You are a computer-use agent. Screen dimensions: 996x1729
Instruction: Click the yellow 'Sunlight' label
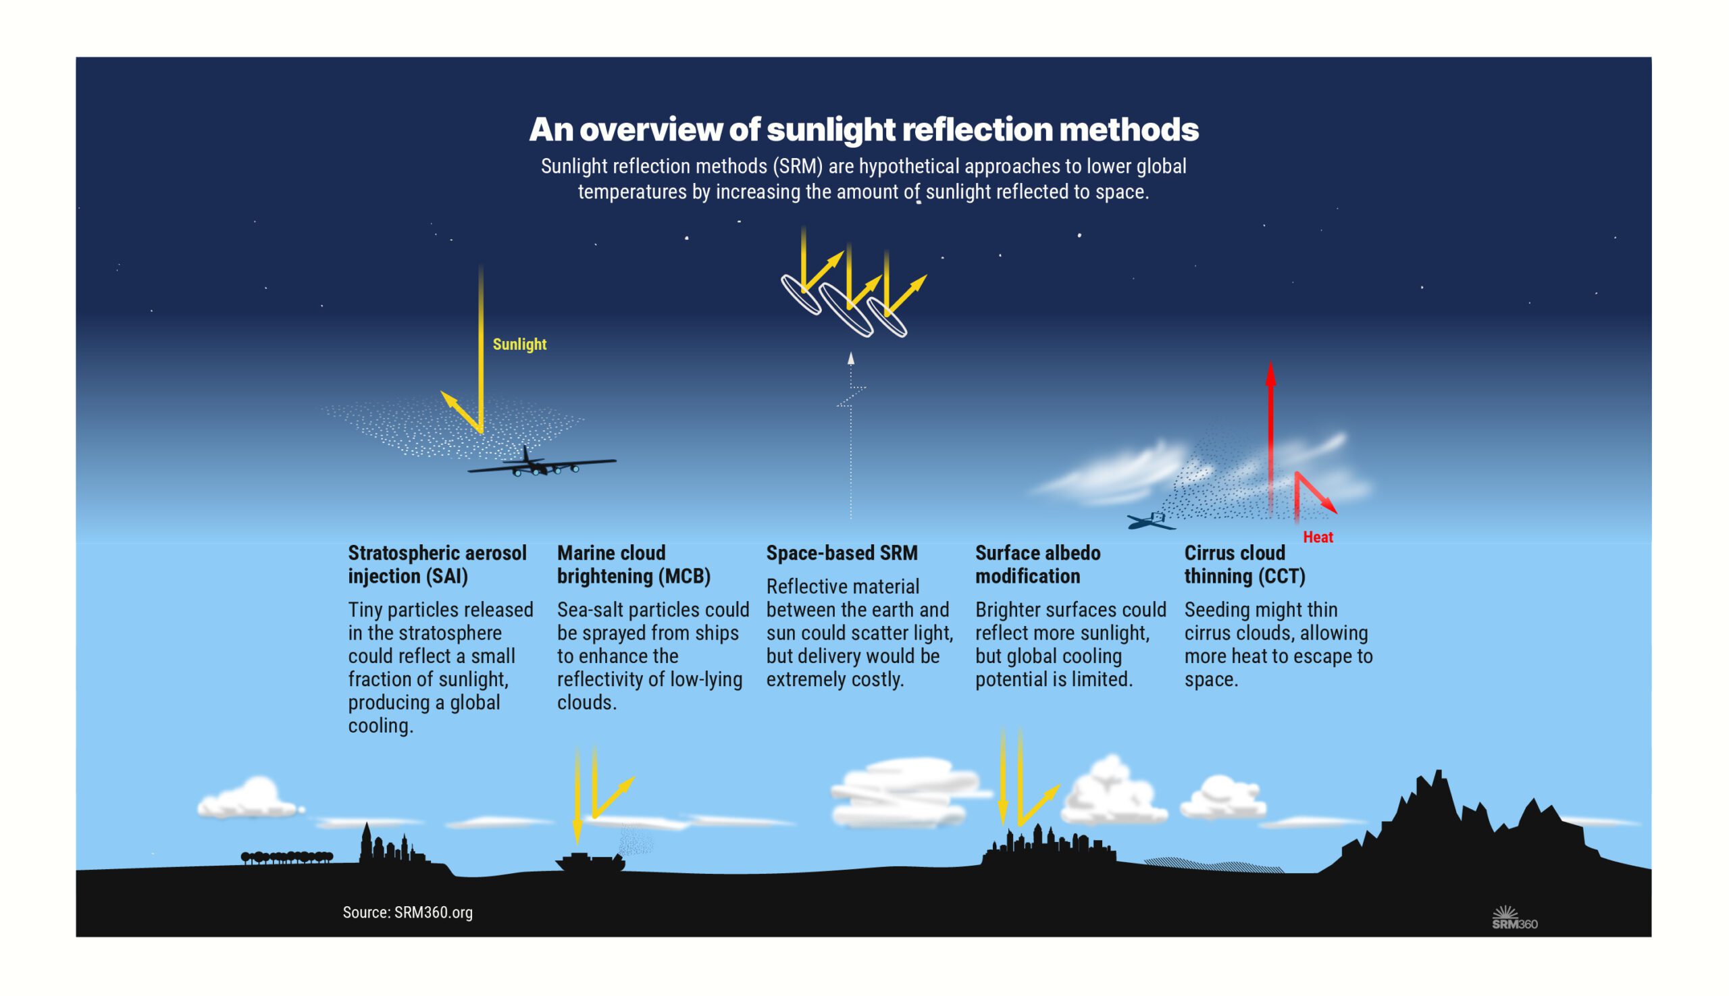pos(519,344)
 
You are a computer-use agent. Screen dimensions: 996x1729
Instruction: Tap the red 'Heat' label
pos(1317,537)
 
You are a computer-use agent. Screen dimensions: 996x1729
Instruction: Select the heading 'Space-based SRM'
pos(842,553)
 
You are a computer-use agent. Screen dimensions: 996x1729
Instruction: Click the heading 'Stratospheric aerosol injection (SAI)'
pos(436,565)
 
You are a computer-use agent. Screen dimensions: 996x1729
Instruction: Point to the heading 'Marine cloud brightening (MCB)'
pos(633,565)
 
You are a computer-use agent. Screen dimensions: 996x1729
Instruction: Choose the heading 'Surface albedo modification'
pos(1037,565)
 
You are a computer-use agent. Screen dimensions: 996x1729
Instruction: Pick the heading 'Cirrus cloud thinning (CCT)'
pos(1244,565)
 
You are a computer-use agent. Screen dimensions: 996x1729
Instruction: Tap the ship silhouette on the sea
pos(590,862)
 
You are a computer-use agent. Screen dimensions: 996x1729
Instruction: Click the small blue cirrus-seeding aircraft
pos(1151,521)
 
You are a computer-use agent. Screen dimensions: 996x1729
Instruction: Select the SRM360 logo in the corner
pos(1514,918)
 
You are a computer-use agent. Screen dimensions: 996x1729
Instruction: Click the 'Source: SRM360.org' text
pos(408,912)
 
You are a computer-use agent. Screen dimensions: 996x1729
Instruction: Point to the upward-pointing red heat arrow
pos(1270,424)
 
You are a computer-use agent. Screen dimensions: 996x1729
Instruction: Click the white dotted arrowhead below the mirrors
pos(850,359)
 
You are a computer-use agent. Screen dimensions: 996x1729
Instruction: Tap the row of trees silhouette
pos(286,857)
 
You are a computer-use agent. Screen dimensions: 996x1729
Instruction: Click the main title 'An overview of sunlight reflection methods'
pos(863,129)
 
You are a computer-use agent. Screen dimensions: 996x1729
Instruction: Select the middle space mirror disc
pos(846,310)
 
